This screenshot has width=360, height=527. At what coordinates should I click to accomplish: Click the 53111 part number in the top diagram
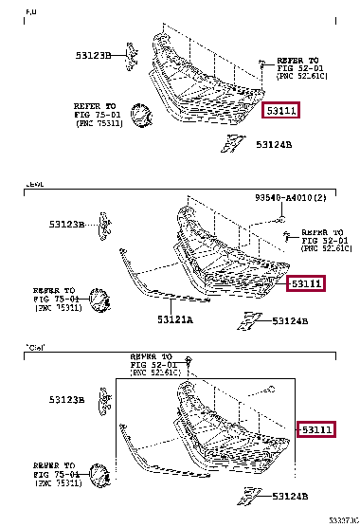pyautogui.click(x=282, y=112)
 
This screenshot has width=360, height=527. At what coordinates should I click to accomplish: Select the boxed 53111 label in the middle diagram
pyautogui.click(x=306, y=283)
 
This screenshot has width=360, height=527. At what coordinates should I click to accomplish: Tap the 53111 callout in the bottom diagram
pyautogui.click(x=316, y=429)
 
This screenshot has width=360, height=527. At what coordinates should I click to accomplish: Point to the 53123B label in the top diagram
pyautogui.click(x=94, y=56)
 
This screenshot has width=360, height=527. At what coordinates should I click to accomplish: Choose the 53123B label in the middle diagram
pyautogui.click(x=68, y=225)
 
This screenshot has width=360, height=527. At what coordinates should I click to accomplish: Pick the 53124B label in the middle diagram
pyautogui.click(x=290, y=321)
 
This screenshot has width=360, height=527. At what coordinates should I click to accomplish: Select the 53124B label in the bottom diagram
pyautogui.click(x=290, y=497)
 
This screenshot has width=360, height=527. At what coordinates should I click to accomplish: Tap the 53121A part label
pyautogui.click(x=174, y=320)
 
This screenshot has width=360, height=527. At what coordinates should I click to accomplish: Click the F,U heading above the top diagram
pyautogui.click(x=30, y=10)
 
